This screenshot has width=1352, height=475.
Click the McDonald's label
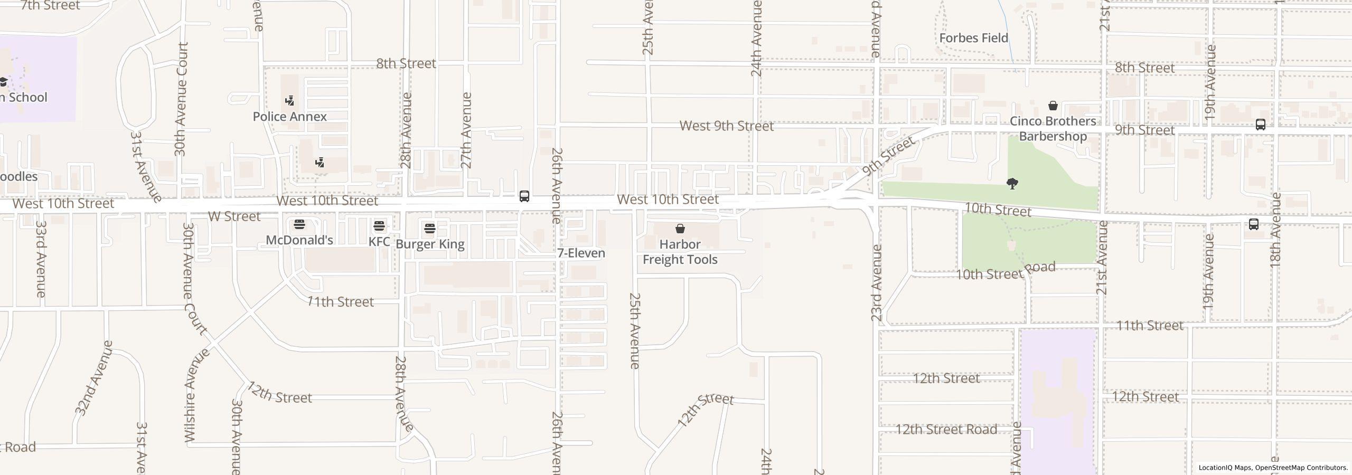click(299, 240)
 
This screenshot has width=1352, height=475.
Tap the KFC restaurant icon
click(379, 226)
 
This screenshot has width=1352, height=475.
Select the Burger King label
click(430, 244)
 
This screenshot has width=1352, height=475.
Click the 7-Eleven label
click(581, 253)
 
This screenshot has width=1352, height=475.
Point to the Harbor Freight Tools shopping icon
click(680, 229)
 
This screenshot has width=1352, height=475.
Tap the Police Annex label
click(289, 117)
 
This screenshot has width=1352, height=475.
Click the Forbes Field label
click(973, 38)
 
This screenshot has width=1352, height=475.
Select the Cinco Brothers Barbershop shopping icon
click(1053, 106)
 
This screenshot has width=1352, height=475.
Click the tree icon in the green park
click(1012, 184)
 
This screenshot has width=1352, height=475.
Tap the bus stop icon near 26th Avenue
click(524, 196)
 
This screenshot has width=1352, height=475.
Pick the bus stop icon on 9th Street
click(1260, 125)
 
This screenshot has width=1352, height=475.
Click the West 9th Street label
click(726, 126)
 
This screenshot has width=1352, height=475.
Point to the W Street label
click(234, 216)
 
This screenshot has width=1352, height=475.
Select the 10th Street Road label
click(1006, 271)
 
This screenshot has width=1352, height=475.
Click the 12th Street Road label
click(946, 430)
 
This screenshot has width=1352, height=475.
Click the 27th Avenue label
click(466, 130)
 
